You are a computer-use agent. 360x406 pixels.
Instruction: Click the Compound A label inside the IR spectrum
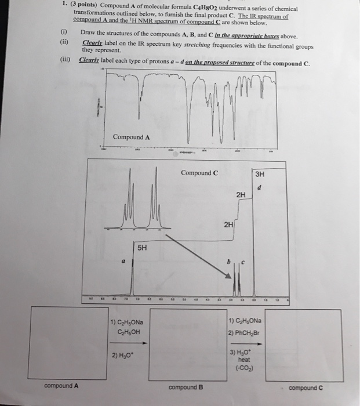point(132,137)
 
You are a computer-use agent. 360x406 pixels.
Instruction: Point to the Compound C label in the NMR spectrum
point(199,173)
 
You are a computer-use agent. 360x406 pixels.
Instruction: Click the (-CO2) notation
point(243,368)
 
